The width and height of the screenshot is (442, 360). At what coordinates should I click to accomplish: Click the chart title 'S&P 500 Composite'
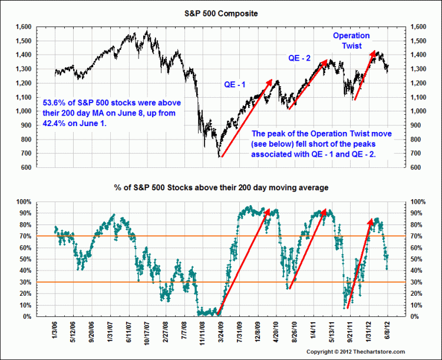click(220, 13)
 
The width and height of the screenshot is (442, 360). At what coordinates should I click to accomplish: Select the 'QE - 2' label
click(300, 58)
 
